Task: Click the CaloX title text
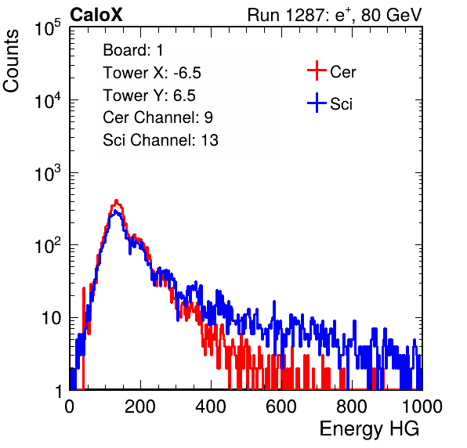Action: (96, 15)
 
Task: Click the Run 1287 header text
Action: (335, 15)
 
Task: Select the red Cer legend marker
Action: (317, 70)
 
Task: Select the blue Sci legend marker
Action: (317, 103)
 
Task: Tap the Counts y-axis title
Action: (11, 61)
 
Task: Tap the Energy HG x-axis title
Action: (369, 429)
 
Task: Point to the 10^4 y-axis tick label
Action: (48, 100)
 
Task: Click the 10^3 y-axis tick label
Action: (48, 173)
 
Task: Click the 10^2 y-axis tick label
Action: (48, 246)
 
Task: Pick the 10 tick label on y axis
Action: (51, 319)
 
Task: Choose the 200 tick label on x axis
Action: (140, 406)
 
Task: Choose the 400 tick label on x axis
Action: (211, 406)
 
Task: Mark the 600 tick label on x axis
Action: (281, 406)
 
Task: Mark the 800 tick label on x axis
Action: (352, 406)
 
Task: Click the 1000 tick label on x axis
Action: (422, 406)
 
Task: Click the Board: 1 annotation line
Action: (133, 50)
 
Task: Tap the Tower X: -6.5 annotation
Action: (152, 73)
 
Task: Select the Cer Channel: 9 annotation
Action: (157, 117)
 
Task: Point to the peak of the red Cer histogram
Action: (117, 201)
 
